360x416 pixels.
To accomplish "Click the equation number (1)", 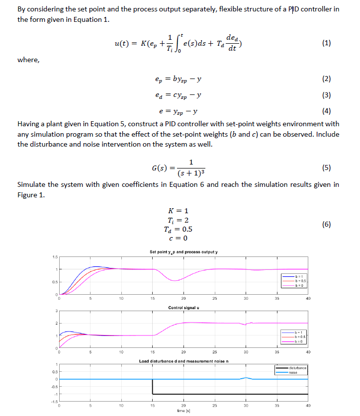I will coord(326,43).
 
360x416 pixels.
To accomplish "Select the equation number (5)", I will coord(326,167).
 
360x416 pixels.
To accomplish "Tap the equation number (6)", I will coord(326,224).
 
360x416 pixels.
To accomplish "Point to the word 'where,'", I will coord(28,60).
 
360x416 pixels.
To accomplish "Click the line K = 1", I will coord(179,211).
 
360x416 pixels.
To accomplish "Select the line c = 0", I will coord(179,238).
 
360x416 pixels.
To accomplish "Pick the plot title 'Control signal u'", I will coord(184,308).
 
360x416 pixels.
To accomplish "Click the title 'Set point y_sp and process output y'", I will coord(184,251).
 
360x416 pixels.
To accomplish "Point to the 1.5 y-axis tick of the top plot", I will coord(55,257).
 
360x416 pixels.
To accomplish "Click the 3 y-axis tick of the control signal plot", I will coord(56,312).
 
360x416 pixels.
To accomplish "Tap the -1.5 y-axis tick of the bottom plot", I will coord(54,401).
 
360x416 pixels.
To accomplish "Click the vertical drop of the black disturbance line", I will coord(152,387).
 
